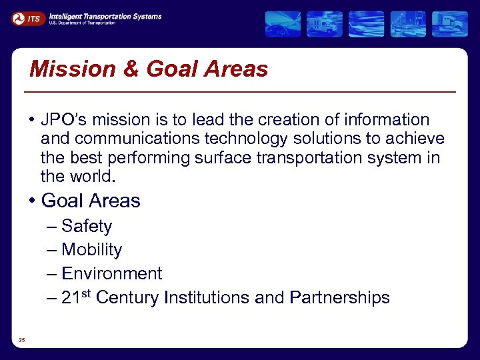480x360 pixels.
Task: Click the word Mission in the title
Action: tap(64, 69)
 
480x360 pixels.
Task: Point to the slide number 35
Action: tap(22, 341)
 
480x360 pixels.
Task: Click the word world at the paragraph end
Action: tap(92, 177)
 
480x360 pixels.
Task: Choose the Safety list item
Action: tap(87, 226)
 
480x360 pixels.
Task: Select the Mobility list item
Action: tap(91, 250)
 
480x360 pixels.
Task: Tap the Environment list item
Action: tap(111, 273)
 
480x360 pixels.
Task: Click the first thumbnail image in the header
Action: tap(283, 23)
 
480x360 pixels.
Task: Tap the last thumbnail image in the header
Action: tap(449, 23)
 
